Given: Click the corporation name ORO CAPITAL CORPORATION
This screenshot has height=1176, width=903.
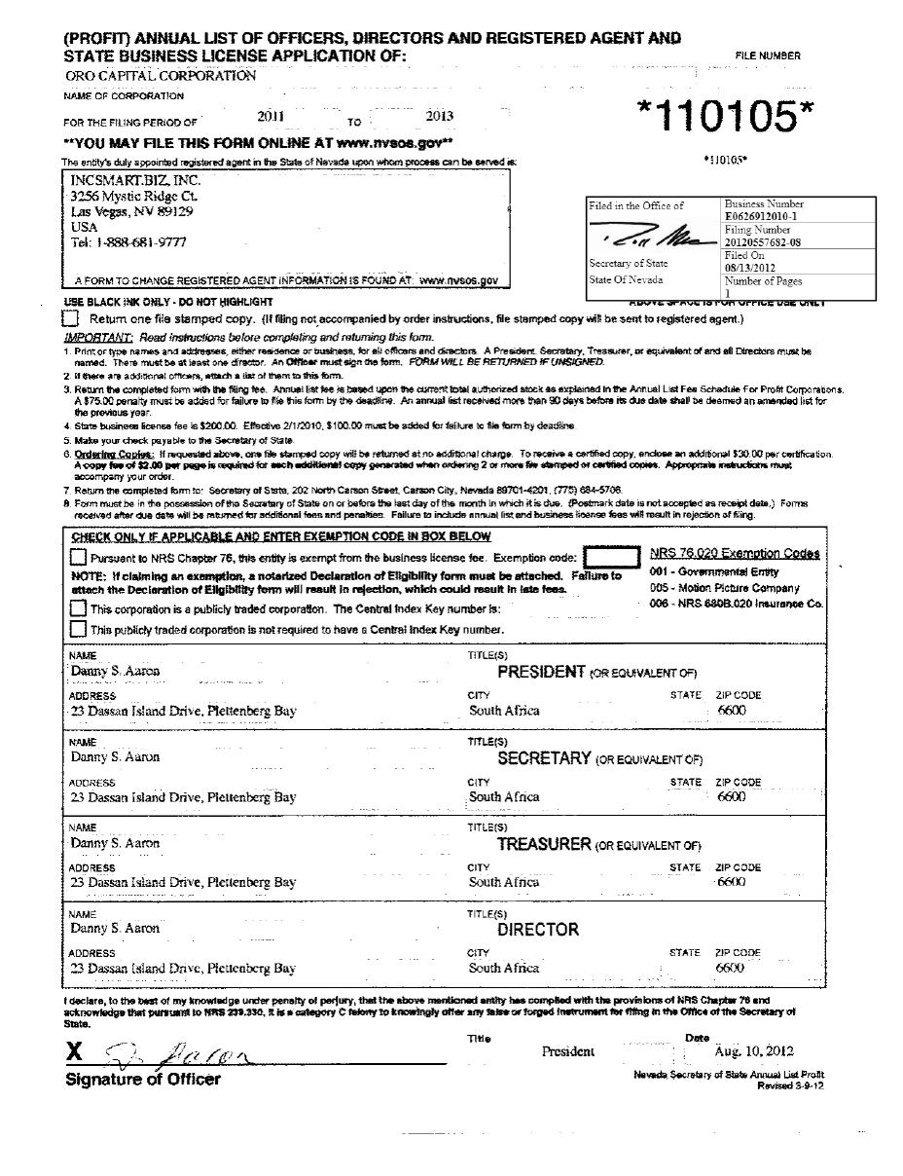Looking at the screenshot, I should [161, 75].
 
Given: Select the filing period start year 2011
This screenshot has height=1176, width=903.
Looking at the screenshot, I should [271, 116].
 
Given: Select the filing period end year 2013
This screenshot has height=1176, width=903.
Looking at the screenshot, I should [440, 116].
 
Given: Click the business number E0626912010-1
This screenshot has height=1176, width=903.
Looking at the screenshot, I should [761, 217].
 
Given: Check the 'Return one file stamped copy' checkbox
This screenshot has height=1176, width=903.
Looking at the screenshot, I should [70, 319].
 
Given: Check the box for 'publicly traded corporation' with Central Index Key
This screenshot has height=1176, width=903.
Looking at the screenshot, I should [78, 608].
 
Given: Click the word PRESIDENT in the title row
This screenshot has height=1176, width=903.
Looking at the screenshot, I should [541, 672].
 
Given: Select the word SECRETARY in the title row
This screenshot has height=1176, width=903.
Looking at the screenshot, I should [543, 758].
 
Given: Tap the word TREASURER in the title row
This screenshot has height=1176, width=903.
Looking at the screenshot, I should [544, 844].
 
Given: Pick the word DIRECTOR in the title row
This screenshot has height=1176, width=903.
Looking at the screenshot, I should [538, 930].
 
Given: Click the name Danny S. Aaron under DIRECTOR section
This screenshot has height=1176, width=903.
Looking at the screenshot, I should [115, 928].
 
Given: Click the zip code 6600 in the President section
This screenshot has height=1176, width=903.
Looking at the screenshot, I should [731, 711].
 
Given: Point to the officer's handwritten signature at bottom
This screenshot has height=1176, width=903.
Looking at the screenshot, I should [180, 1050].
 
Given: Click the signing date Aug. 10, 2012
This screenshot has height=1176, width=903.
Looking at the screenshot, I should [753, 1051].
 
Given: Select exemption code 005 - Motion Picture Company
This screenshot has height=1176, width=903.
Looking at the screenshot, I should [725, 588].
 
